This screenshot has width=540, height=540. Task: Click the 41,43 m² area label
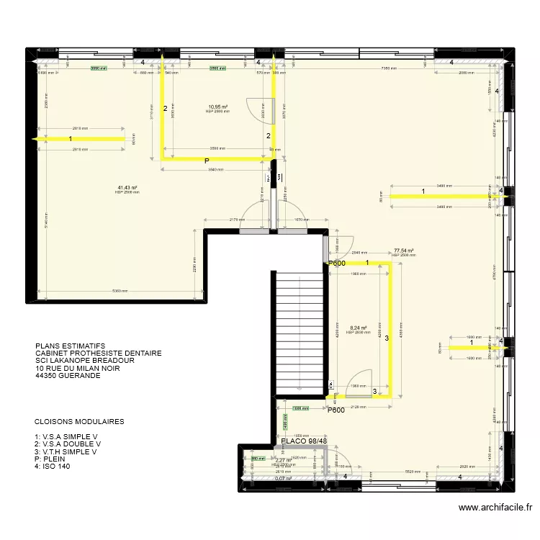pyautogui.click(x=127, y=187)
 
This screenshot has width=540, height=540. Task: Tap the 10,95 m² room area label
pyautogui.click(x=217, y=107)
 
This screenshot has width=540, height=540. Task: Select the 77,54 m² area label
pyautogui.click(x=403, y=251)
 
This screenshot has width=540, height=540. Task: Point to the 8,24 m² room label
pyautogui.click(x=358, y=327)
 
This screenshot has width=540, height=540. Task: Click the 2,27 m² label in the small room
pyautogui.click(x=283, y=460)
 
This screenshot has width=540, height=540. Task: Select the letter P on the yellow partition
pyautogui.click(x=206, y=161)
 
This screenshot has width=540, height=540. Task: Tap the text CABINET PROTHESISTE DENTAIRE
pyautogui.click(x=98, y=354)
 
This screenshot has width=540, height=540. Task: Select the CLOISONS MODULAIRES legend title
pyautogui.click(x=78, y=422)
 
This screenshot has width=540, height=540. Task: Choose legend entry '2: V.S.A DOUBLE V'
pyautogui.click(x=68, y=444)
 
